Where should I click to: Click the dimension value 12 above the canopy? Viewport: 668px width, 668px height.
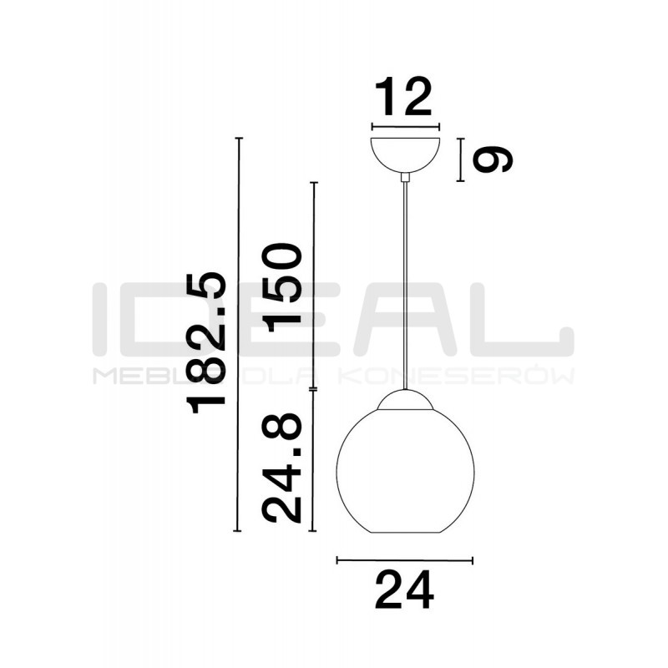(403, 96)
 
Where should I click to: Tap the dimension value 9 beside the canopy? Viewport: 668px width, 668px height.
(493, 159)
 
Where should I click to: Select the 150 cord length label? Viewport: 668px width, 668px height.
(282, 287)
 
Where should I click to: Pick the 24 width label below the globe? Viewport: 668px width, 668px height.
(404, 590)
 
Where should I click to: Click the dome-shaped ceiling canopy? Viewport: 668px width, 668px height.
(405, 154)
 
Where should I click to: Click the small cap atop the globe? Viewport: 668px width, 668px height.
(405, 400)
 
